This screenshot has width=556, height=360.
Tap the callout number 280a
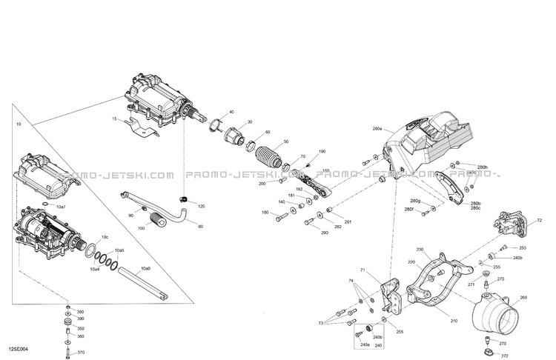[377, 129]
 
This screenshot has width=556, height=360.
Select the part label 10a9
[146, 268]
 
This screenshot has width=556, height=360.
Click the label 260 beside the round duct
[523, 298]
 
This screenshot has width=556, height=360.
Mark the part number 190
[322, 152]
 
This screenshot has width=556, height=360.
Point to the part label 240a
[364, 344]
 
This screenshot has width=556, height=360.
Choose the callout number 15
[115, 119]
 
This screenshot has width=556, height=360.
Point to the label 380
[81, 312]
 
